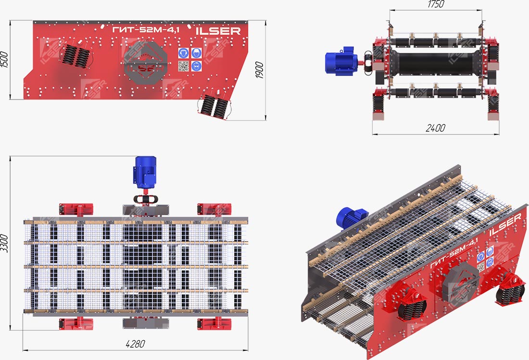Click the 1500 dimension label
coord(4,59)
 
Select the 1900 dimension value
coord(259,70)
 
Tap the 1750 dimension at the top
coord(436,4)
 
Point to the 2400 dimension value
coord(435,128)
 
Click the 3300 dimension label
coord(4,243)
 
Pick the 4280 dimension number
coord(135,344)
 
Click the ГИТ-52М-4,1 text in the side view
coord(146,30)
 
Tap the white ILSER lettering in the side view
coord(218,31)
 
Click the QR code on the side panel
coord(183,66)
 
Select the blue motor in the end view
coord(341,61)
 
